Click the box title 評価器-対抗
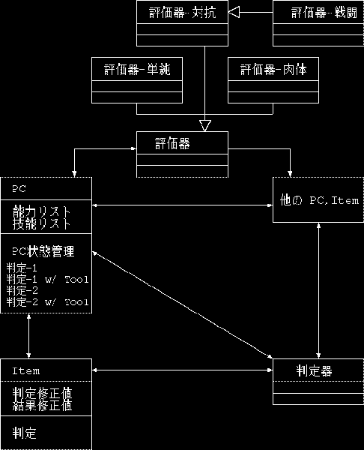tap(182, 13)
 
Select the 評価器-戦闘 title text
tap(324, 13)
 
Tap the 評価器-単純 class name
tap(137, 70)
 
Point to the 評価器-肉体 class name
tap(273, 70)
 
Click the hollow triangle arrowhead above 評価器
tap(205, 126)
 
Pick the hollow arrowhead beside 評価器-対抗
tap(234, 12)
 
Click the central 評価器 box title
tap(172, 143)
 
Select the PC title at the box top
tap(19, 188)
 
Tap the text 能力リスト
tap(41, 211)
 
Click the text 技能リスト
tap(41, 223)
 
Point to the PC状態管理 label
tap(43, 251)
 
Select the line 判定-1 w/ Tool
tap(48, 279)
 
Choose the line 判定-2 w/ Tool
tap(48, 302)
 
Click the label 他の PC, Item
tap(319, 200)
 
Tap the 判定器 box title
tap(314, 370)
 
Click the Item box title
tap(26, 370)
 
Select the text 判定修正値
tap(42, 393)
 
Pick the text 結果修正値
tap(42, 405)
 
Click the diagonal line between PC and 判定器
tap(182, 305)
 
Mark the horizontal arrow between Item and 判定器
tap(182, 370)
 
